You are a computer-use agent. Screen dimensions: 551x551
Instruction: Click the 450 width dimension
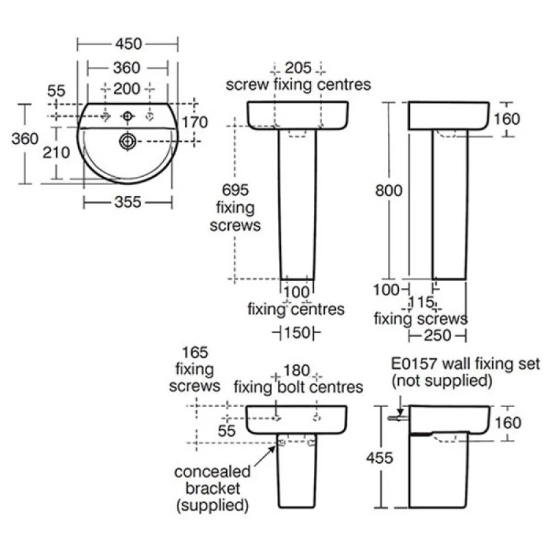pyautogui.click(x=129, y=44)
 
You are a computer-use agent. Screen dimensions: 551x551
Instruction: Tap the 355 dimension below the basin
pyautogui.click(x=127, y=202)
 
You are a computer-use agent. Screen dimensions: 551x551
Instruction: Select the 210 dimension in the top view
pyautogui.click(x=56, y=153)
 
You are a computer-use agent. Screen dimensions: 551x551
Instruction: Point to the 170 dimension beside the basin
pyautogui.click(x=195, y=122)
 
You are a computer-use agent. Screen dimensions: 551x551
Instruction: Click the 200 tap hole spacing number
pyautogui.click(x=127, y=88)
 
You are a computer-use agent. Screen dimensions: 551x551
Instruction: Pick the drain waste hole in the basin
pyautogui.click(x=127, y=141)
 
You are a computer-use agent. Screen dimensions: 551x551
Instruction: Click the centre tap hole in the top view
pyautogui.click(x=127, y=116)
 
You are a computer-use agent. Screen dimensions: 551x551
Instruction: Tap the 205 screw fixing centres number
pyautogui.click(x=298, y=68)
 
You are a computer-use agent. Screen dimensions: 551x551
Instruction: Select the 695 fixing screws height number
pyautogui.click(x=235, y=190)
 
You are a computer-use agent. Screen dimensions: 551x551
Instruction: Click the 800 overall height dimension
pyautogui.click(x=389, y=191)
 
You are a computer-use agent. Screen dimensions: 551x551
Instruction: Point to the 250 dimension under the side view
pyautogui.click(x=437, y=335)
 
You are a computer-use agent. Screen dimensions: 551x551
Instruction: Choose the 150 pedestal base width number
pyautogui.click(x=297, y=333)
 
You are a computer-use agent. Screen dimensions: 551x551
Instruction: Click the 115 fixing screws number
pyautogui.click(x=421, y=302)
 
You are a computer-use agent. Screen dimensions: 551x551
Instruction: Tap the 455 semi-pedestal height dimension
pyautogui.click(x=380, y=458)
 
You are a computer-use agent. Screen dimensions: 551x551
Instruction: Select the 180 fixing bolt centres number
pyautogui.click(x=297, y=370)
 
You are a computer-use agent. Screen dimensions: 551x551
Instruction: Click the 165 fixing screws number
pyautogui.click(x=195, y=352)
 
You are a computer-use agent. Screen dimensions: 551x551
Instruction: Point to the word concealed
pyautogui.click(x=212, y=472)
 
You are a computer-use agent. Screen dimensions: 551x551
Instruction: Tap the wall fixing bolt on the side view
pyautogui.click(x=398, y=418)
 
